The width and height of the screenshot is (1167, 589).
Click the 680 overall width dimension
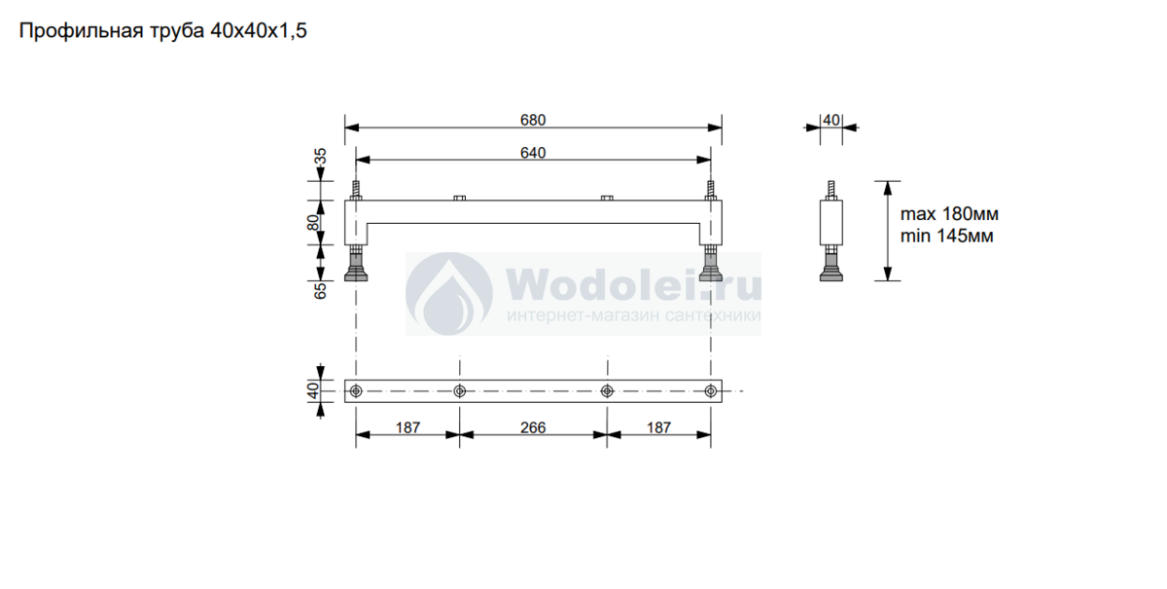coord(533,120)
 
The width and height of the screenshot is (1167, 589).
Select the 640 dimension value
coord(533,153)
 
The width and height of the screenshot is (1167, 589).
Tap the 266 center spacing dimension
coord(533,427)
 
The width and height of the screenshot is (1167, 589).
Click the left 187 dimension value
coord(407,427)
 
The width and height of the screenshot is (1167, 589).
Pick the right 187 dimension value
coord(658,427)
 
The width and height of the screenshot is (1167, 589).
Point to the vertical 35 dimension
coord(321,157)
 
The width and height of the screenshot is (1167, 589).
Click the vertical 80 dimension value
coord(313,223)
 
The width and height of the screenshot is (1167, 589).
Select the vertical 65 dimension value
coord(321,290)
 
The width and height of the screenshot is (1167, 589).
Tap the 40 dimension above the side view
coord(831,121)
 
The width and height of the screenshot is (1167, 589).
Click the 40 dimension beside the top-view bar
coord(313,390)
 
